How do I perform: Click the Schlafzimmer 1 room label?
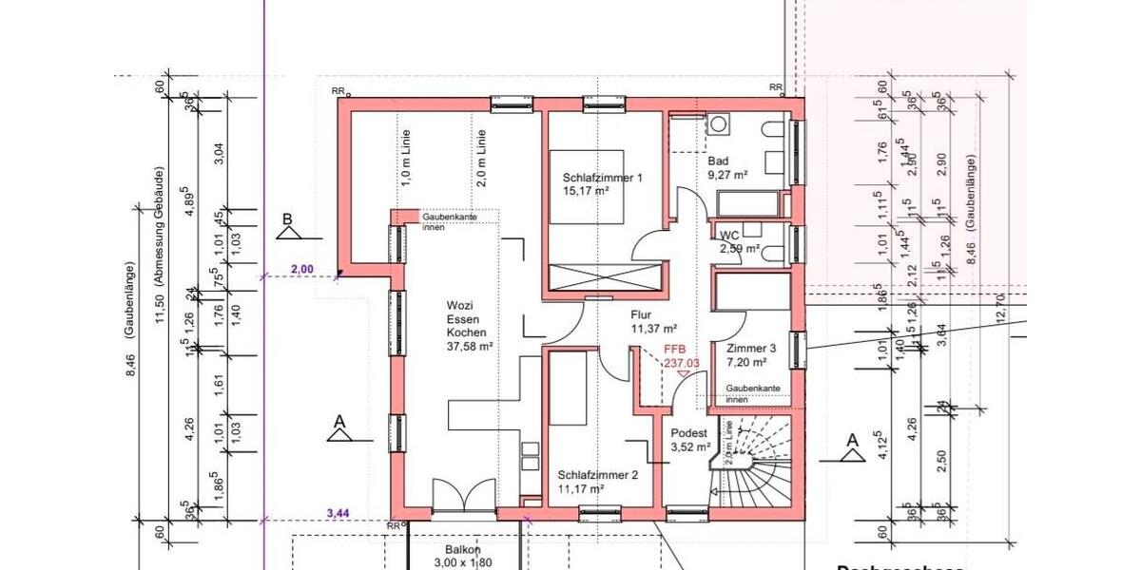(x=602, y=184)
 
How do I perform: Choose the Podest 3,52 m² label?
(x=689, y=439)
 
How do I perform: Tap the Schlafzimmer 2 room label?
(x=597, y=482)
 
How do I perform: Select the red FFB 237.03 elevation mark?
(x=681, y=356)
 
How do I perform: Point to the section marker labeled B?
(x=286, y=227)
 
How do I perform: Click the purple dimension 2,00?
(x=301, y=269)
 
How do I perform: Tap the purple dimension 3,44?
(x=338, y=513)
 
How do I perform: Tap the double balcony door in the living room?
(x=462, y=497)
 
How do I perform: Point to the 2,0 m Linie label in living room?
(x=482, y=157)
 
